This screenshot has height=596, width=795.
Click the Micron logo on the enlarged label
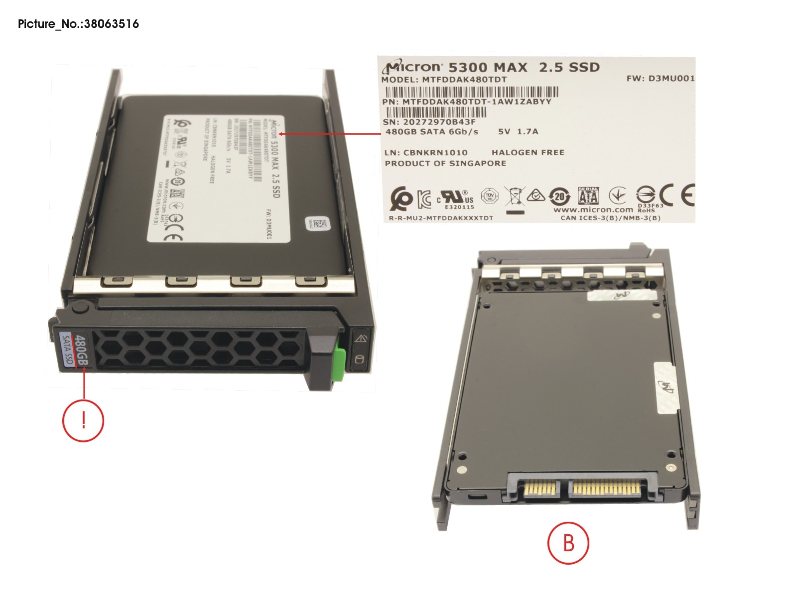click(x=413, y=67)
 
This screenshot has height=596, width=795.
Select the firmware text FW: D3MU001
click(x=660, y=78)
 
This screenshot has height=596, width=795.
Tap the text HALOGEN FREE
click(x=528, y=152)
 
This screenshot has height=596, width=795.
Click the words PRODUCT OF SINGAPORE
click(x=445, y=163)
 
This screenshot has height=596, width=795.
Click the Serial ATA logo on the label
click(x=588, y=196)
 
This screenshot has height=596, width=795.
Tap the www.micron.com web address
click(x=593, y=210)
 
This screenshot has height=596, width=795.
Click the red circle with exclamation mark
click(x=83, y=420)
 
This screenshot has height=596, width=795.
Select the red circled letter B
click(x=568, y=543)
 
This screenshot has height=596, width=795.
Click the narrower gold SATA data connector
click(x=540, y=489)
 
